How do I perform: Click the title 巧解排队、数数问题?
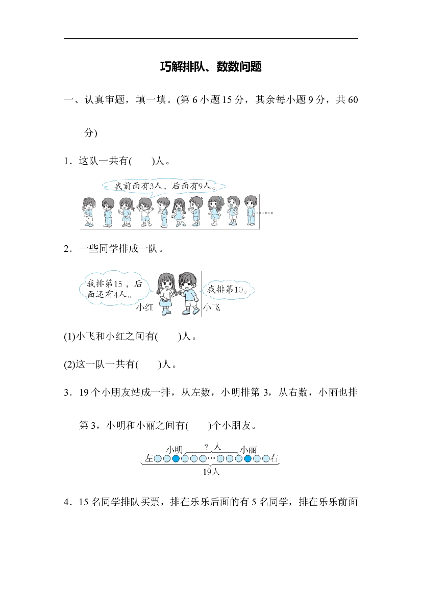click(211, 67)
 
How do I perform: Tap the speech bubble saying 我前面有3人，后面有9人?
click(164, 186)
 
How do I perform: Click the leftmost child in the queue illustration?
click(89, 212)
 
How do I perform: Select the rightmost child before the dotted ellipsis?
click(251, 211)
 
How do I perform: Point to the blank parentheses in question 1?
click(141, 161)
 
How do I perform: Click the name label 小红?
click(144, 307)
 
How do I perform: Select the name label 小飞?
click(212, 307)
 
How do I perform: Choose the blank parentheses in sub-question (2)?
click(148, 365)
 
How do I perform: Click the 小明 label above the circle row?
click(175, 450)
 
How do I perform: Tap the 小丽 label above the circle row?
click(249, 450)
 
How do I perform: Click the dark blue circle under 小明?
click(176, 459)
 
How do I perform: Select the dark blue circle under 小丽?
click(247, 459)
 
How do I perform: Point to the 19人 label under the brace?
click(211, 472)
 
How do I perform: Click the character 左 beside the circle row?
click(149, 459)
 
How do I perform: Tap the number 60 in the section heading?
click(353, 100)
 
